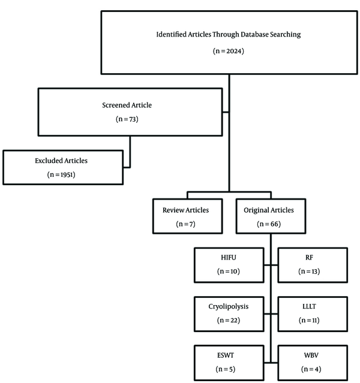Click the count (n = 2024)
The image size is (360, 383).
[x=229, y=51]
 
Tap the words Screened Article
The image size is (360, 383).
[x=127, y=105]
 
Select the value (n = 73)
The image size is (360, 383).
[x=127, y=119]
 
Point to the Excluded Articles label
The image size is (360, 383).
[x=61, y=161]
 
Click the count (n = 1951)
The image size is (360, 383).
[x=61, y=174]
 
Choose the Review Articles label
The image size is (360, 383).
[x=185, y=210]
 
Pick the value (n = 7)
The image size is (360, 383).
[x=185, y=224]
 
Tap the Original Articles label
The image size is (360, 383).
[x=269, y=210]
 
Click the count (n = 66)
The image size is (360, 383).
[x=269, y=224]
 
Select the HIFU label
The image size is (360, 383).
[x=229, y=258]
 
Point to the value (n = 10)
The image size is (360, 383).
[x=229, y=272]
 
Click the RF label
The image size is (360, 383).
[x=309, y=258]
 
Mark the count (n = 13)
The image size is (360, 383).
[x=309, y=272]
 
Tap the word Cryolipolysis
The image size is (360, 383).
[x=229, y=306]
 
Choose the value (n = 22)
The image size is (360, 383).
[x=229, y=320]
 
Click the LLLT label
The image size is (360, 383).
[x=309, y=306]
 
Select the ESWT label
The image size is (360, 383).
[x=226, y=355]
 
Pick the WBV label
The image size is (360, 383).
[x=311, y=355]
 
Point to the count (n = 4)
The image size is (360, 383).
[x=311, y=369]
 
